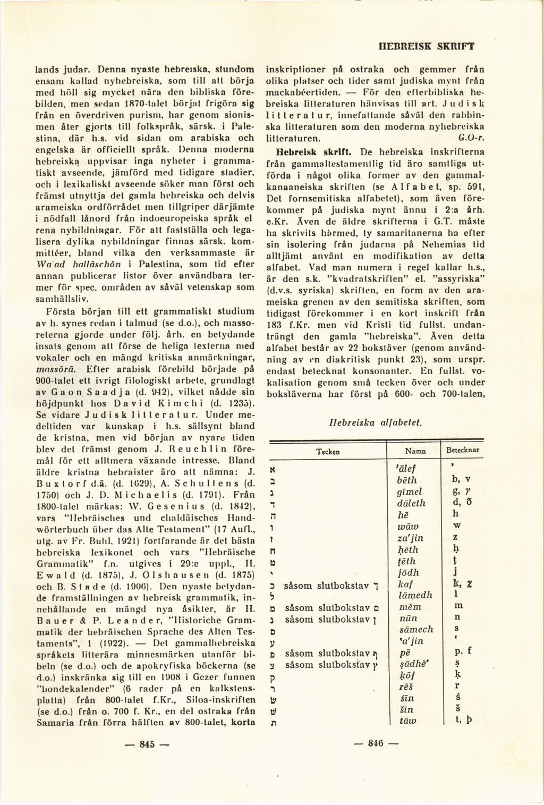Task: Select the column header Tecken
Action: pos(328,451)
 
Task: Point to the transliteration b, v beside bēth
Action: pos(459,480)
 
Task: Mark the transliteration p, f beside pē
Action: pos(459,652)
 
